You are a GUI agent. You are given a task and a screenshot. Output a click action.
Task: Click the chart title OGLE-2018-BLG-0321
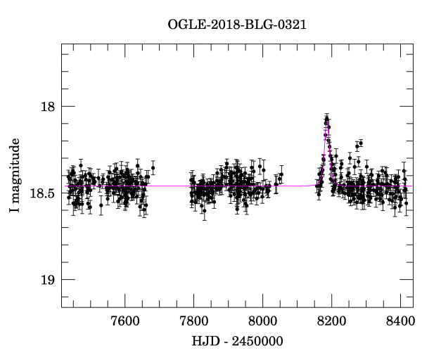click(x=237, y=25)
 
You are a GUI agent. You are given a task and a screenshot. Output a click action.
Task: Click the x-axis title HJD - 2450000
click(x=237, y=341)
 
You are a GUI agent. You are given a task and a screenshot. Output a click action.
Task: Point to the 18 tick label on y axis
click(x=47, y=106)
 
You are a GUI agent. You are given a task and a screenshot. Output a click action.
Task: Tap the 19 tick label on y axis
click(x=47, y=280)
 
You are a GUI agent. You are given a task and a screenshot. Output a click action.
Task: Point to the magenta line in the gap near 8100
click(x=295, y=186)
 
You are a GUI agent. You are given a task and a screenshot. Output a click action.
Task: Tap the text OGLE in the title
click(x=185, y=25)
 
